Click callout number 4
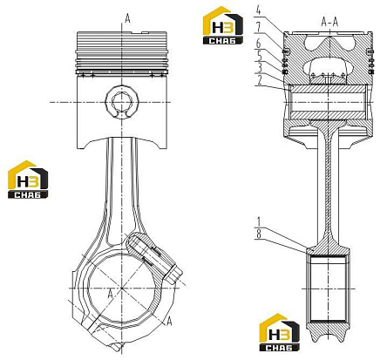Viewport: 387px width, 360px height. [x=258, y=10]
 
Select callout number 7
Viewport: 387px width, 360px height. [x=258, y=28]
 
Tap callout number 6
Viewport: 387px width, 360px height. [x=258, y=44]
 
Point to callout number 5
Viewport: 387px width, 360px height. [x=258, y=56]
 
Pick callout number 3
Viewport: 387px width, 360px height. [x=260, y=67]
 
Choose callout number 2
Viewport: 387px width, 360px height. [x=260, y=79]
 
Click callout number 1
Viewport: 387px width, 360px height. [x=258, y=222]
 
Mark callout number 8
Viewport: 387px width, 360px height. [x=258, y=234]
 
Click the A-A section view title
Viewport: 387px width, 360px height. [x=330, y=22]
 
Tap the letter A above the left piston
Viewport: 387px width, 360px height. [x=127, y=18]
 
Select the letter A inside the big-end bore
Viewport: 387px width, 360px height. [x=110, y=294]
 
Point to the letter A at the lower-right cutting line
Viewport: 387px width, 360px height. [x=169, y=322]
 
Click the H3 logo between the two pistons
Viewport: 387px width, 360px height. [x=223, y=25]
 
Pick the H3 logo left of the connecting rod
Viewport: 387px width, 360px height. [x=28, y=180]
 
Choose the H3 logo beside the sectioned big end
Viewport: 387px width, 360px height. [x=279, y=332]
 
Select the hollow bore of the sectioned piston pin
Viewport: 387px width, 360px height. [x=329, y=102]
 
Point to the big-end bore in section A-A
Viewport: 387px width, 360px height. [x=329, y=289]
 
